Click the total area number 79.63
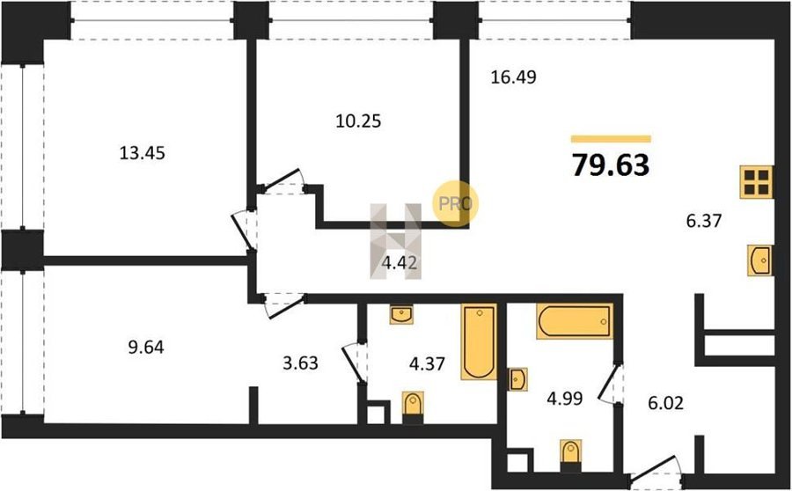(611, 165)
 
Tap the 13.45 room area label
(142, 152)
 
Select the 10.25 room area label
(358, 121)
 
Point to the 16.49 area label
(514, 77)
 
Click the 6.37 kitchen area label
(704, 221)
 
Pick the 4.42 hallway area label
(401, 263)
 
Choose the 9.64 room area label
(145, 348)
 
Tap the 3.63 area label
(300, 363)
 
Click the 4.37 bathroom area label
(427, 363)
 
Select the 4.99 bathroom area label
(565, 399)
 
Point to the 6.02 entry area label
(666, 403)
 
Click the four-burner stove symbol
(756, 182)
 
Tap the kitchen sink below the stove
(759, 260)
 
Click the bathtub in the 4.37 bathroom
(479, 341)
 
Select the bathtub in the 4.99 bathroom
(575, 321)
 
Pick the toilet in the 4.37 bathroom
(414, 407)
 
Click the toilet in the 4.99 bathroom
(571, 455)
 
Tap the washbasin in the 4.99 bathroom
(518, 379)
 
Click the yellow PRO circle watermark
(455, 203)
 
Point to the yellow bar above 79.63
(611, 139)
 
